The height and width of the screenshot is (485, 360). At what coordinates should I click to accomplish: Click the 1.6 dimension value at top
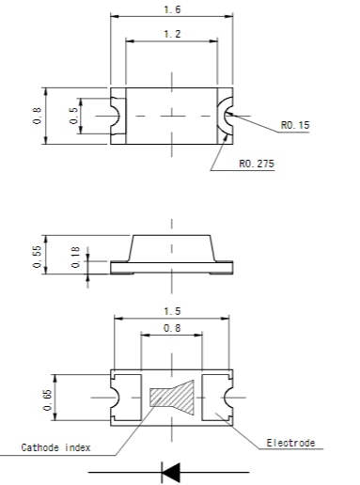pyautogui.click(x=171, y=9)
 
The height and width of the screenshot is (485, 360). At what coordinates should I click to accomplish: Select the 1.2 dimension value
pyautogui.click(x=171, y=34)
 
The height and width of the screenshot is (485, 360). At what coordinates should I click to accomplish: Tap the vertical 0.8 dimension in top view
pyautogui.click(x=36, y=117)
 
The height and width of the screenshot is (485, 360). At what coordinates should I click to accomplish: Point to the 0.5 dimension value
pyautogui.click(x=73, y=116)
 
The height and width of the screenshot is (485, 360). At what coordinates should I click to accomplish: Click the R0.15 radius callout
pyautogui.click(x=294, y=126)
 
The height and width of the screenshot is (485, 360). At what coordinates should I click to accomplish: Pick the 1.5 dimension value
pyautogui.click(x=171, y=310)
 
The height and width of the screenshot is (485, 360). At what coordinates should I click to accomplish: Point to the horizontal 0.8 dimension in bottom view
pyautogui.click(x=171, y=329)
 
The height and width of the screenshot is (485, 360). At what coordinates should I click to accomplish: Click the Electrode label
pyautogui.click(x=290, y=442)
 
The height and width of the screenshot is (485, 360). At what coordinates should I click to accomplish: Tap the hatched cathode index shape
pyautogui.click(x=171, y=398)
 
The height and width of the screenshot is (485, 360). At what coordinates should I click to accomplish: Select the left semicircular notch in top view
pyautogui.click(x=117, y=116)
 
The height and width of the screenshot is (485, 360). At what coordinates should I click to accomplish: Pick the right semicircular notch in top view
pyautogui.click(x=227, y=116)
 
